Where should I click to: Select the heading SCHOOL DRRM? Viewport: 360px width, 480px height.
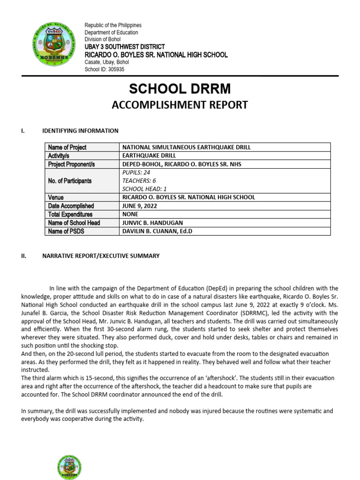click(x=180, y=89)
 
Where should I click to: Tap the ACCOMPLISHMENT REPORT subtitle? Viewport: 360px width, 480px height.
click(x=180, y=105)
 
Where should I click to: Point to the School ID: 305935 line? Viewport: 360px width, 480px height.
click(x=105, y=69)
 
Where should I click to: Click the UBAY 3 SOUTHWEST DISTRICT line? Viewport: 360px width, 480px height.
click(x=125, y=47)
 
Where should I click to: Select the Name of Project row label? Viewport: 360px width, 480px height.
click(x=67, y=147)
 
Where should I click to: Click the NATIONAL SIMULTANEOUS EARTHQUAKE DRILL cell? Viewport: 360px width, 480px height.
click(x=186, y=147)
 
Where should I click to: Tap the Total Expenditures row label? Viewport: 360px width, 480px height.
click(x=70, y=214)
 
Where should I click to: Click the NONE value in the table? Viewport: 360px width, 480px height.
click(x=131, y=214)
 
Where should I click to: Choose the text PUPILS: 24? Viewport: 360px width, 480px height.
click(x=136, y=172)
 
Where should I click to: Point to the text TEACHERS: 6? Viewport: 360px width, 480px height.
click(x=139, y=180)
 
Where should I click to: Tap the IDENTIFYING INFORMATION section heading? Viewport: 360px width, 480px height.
click(x=80, y=131)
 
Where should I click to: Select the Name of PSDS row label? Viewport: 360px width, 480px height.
click(x=66, y=231)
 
